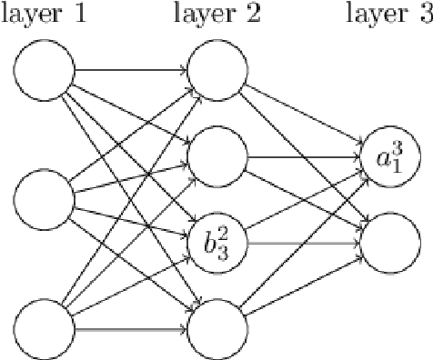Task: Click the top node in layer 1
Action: (x=45, y=69)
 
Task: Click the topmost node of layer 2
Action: (x=217, y=69)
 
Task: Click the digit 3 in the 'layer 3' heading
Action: (x=423, y=15)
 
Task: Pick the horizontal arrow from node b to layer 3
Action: (x=304, y=242)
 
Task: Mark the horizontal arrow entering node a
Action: (x=304, y=156)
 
